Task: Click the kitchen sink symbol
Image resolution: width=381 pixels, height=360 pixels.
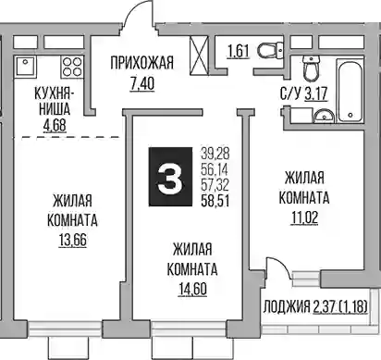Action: [25, 66]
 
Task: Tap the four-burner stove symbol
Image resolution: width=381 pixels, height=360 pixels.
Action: [72, 67]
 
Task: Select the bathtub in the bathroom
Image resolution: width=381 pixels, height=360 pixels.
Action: [350, 90]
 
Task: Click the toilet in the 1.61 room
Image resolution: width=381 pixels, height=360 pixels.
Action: [270, 50]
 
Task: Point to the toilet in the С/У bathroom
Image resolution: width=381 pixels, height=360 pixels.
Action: [312, 68]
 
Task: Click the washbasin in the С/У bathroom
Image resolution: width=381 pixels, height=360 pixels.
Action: [324, 116]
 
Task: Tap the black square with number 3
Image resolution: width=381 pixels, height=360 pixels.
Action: [170, 177]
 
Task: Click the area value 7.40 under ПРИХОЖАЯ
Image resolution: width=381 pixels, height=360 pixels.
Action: [142, 83]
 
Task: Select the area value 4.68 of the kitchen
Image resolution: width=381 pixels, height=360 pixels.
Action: [55, 125]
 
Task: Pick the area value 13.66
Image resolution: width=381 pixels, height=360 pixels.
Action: [73, 240]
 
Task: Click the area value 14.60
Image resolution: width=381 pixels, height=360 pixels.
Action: [192, 289]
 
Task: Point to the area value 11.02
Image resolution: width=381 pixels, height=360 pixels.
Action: [304, 217]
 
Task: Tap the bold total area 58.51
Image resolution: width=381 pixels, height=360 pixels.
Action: [215, 201]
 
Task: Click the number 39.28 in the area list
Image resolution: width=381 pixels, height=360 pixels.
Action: [215, 153]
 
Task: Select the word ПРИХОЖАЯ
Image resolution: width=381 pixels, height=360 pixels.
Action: [142, 63]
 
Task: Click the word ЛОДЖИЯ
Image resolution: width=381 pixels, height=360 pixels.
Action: [287, 307]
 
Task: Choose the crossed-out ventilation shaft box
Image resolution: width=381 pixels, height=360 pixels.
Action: [200, 56]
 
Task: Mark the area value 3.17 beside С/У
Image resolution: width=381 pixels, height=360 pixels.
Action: [316, 93]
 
